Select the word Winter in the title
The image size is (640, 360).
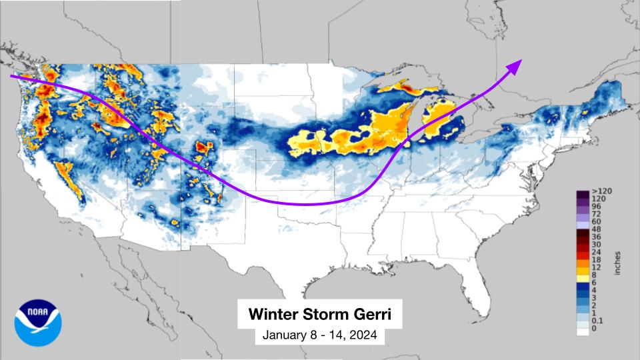click(273, 313)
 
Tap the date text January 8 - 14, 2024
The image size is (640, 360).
click(319, 336)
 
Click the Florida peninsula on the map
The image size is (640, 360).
click(460, 280)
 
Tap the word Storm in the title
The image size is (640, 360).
click(329, 313)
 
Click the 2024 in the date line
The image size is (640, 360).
click(364, 336)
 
